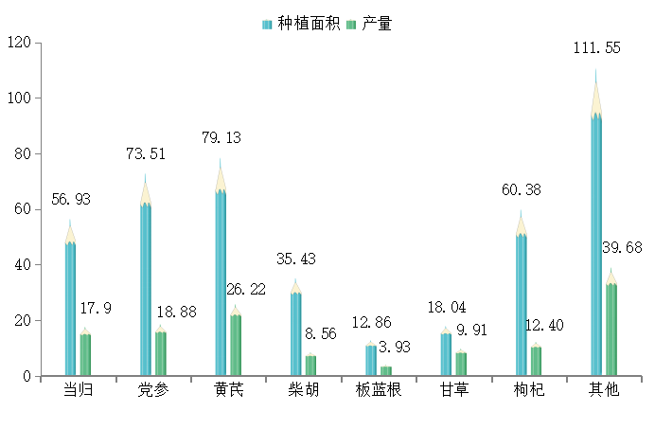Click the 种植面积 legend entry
(301, 24)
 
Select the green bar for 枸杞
(536, 360)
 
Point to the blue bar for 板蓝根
(371, 360)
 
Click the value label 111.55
(596, 48)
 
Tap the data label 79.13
(221, 137)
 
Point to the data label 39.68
(622, 247)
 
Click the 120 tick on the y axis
(19, 43)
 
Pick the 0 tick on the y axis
(27, 376)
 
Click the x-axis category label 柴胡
(303, 390)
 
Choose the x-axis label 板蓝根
(379, 390)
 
